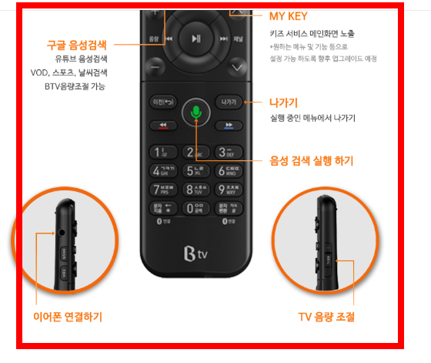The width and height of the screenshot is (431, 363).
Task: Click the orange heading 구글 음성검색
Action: (x=82, y=45)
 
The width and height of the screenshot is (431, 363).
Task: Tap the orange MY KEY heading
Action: (x=289, y=16)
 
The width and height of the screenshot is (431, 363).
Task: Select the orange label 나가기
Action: (x=284, y=103)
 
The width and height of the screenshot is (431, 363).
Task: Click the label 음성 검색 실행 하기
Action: (x=311, y=161)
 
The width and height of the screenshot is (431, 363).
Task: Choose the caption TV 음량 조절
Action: (x=326, y=317)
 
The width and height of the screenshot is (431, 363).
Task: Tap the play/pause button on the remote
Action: (x=196, y=39)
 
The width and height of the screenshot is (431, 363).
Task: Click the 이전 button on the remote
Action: (x=163, y=102)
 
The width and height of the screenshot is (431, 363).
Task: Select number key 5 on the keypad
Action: (x=196, y=170)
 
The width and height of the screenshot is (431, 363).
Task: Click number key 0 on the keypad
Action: (x=196, y=207)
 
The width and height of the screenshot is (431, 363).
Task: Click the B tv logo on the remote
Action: (x=196, y=252)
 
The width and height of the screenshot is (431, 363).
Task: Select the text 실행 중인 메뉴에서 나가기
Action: (x=312, y=118)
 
